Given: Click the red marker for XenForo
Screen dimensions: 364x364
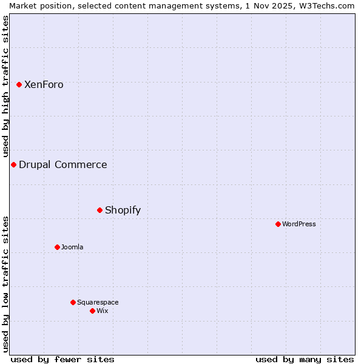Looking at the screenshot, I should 19,84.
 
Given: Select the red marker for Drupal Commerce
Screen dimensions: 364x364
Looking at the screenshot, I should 13,164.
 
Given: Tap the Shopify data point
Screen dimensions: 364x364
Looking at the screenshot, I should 99,210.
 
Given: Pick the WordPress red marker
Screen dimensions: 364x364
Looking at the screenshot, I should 278,224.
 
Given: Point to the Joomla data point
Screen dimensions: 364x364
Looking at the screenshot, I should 57,247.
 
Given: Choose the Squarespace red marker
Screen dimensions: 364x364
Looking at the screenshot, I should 73,302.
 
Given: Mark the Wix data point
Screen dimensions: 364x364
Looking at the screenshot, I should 92,311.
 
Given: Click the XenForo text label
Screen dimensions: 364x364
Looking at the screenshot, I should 44,85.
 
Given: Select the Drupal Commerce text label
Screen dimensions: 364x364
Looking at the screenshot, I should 63,165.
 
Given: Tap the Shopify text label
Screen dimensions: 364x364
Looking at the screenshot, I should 123,211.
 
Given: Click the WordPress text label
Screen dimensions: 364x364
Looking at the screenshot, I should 299,224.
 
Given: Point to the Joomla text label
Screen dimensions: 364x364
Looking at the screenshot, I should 72,248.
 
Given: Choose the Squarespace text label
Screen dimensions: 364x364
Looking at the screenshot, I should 98,303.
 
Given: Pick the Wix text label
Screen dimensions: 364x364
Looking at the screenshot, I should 103,311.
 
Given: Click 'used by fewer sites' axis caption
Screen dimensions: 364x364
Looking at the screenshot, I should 62,359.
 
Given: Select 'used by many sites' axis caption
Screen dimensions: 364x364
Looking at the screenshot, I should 305,359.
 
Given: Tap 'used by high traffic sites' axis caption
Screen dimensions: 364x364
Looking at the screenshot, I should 5,86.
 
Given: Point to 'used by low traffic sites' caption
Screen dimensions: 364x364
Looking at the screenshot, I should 5,284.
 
